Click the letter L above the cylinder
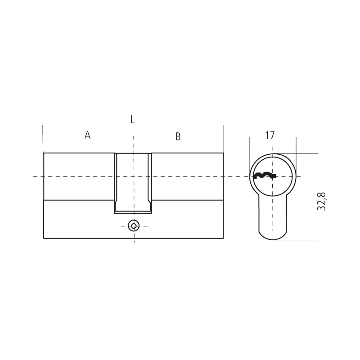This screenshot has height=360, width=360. [x=132, y=119]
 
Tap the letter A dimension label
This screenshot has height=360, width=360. [x=87, y=135]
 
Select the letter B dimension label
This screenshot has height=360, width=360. [x=178, y=136]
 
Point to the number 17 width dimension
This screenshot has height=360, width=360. [x=270, y=135]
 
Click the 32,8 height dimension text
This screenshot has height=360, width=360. [x=321, y=201]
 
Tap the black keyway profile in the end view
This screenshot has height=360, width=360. [x=265, y=175]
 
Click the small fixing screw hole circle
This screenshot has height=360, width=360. [x=134, y=226]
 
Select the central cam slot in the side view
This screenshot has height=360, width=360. [x=133, y=183]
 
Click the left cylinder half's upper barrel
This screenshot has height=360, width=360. [x=79, y=176]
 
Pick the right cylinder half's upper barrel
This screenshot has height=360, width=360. [x=187, y=176]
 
